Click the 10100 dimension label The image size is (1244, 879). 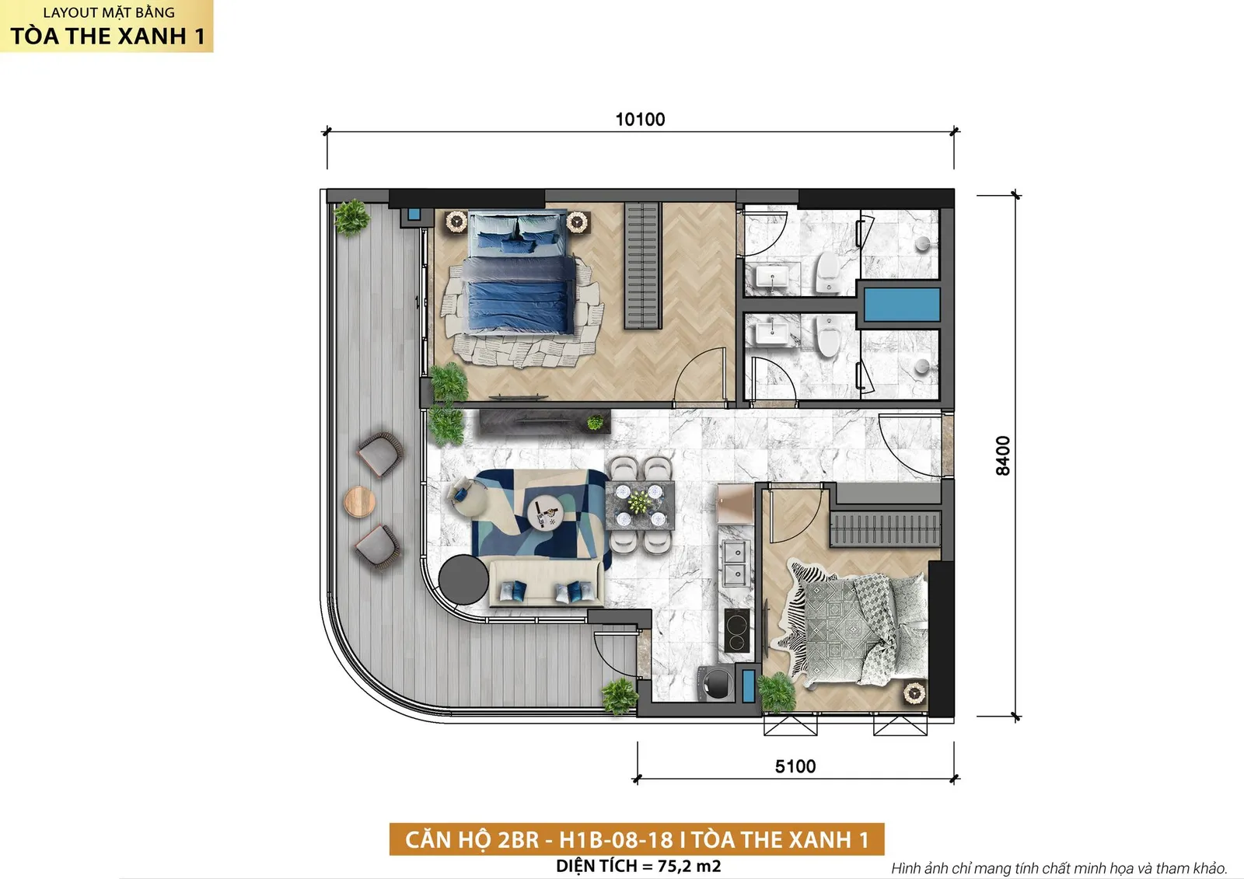point(640,120)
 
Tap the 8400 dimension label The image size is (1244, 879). point(1002,455)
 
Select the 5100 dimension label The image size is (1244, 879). point(795,766)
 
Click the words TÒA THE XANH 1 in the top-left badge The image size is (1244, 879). point(108,36)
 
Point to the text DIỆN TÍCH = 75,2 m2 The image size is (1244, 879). point(638,866)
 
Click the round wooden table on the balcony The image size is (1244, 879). point(359,501)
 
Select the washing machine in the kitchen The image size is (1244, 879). point(716,684)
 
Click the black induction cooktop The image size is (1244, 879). point(737,630)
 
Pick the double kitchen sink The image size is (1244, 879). point(735,563)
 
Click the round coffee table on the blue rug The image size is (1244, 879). point(544,513)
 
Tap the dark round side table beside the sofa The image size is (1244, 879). point(463,580)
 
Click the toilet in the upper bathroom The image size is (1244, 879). point(828,271)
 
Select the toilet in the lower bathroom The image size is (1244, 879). point(828,336)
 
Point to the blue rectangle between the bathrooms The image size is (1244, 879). point(902,305)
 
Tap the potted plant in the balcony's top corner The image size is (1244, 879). point(351,218)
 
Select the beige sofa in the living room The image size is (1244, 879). point(547,583)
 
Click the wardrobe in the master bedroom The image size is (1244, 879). point(642,266)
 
